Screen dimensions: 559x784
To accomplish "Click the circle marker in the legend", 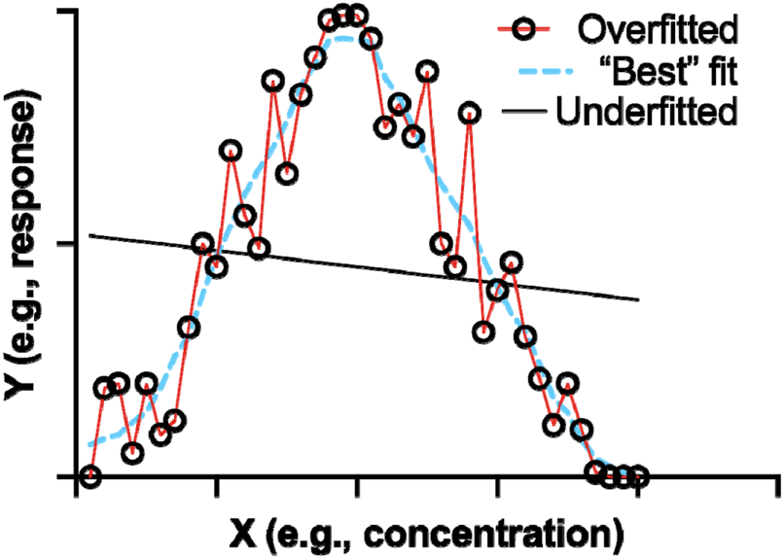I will coord(526,29).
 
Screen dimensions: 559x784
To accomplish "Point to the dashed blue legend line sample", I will coord(526,71).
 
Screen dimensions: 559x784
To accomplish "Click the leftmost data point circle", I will coord(89,476).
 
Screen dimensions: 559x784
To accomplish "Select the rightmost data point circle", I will coord(638,476).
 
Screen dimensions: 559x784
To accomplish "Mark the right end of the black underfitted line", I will coord(639,299).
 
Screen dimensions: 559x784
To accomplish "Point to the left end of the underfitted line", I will coord(89,235).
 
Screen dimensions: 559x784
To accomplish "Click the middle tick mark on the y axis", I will coord(67,243).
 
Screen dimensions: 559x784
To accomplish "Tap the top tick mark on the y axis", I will coord(67,11).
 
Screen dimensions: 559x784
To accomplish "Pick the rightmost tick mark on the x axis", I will coord(778,485).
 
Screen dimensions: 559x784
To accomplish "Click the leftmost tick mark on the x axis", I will coord(77,485).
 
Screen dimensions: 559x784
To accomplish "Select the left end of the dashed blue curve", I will coord(90,445).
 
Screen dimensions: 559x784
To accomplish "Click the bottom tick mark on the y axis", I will coord(67,476).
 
